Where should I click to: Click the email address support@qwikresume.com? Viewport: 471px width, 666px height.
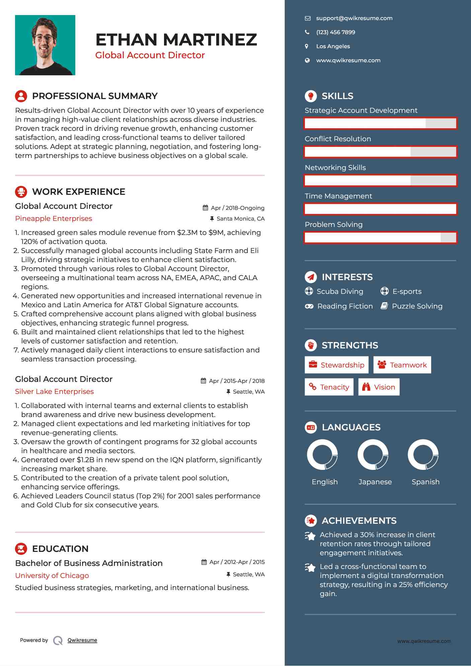coord(354,18)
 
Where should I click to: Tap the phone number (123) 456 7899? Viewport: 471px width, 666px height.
coord(335,32)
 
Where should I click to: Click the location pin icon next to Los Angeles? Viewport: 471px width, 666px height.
coord(307,47)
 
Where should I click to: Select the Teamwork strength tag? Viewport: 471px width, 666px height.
coord(402,365)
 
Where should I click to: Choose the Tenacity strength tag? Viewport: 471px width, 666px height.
coord(329,387)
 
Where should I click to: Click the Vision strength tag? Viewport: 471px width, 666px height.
coord(379,387)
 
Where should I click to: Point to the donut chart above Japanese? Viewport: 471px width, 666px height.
coord(373,455)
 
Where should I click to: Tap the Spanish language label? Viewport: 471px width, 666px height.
coord(425,482)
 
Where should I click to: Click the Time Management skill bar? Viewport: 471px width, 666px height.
coord(380,209)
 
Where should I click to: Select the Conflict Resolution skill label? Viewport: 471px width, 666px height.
coord(338,139)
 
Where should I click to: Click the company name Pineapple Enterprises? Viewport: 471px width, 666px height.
coord(54,219)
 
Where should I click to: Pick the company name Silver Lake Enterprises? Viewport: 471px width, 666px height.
coord(54,392)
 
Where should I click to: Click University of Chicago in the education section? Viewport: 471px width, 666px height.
coord(52,576)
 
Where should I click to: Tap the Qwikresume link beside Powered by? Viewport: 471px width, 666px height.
coord(82,640)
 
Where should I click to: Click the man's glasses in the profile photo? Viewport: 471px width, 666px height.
coord(44,37)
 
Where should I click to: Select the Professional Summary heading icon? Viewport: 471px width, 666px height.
coord(21,96)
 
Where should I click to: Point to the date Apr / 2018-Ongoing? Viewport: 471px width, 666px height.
coord(237,208)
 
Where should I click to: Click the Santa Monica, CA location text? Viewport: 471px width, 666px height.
coord(240,219)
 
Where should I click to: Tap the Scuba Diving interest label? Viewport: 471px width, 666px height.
coord(340,292)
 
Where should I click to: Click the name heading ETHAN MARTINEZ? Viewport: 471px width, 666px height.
coord(176,39)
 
